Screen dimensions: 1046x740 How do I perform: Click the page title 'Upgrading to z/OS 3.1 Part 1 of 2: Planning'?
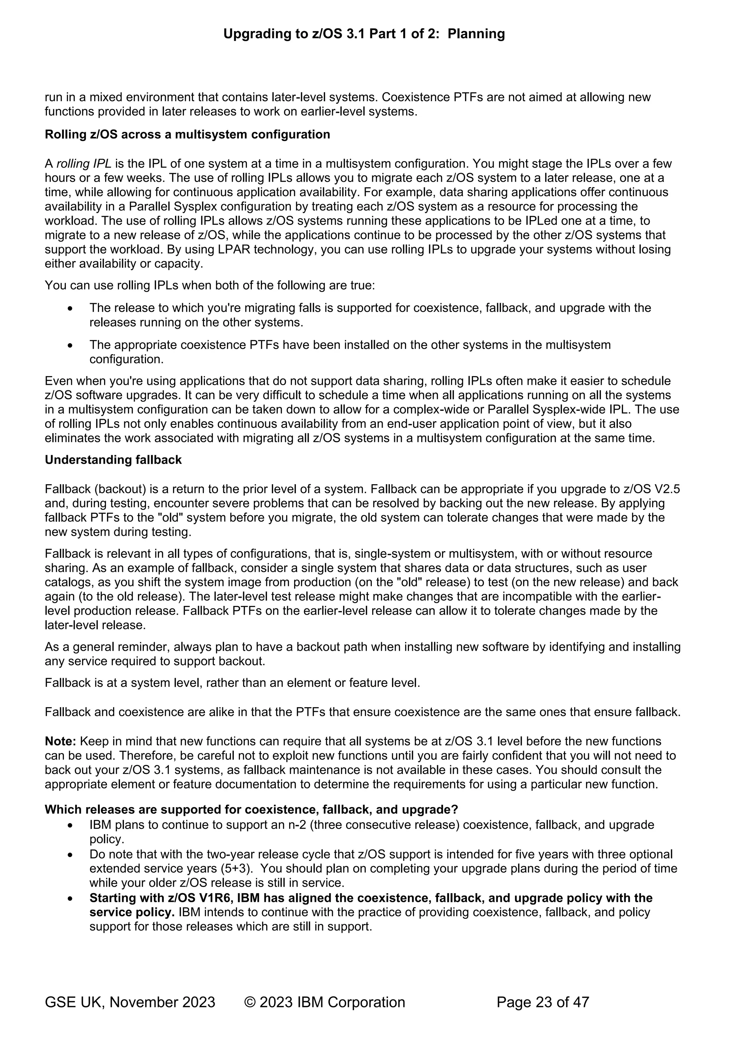[x=363, y=34]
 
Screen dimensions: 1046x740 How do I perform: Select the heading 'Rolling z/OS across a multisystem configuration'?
[x=187, y=134]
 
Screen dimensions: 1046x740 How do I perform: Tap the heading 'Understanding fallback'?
[x=113, y=460]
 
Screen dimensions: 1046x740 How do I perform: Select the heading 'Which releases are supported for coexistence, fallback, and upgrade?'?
[x=251, y=810]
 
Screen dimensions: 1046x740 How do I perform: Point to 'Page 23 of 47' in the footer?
[x=543, y=1002]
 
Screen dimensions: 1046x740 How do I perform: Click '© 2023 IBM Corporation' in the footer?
[x=324, y=1002]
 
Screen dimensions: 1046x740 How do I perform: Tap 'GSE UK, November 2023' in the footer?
[x=130, y=1002]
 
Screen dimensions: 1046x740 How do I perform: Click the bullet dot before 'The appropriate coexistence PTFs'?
[x=70, y=345]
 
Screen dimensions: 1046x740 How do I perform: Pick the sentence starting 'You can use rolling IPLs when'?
[x=210, y=286]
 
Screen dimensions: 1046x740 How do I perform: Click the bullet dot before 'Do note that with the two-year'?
[x=70, y=855]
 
